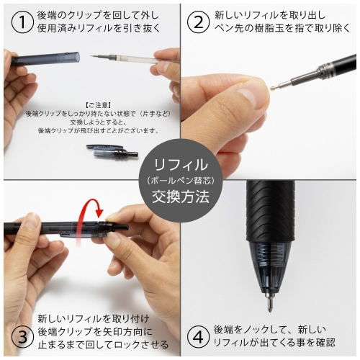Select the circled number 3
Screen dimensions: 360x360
coord(22,337)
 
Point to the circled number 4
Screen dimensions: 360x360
coord(197,337)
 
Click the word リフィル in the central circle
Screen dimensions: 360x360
coord(181,165)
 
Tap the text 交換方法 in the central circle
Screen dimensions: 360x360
coord(181,196)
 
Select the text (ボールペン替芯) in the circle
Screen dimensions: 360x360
coord(181,180)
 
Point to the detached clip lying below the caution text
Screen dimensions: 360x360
coord(112,151)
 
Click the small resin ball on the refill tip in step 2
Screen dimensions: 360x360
coord(272,88)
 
